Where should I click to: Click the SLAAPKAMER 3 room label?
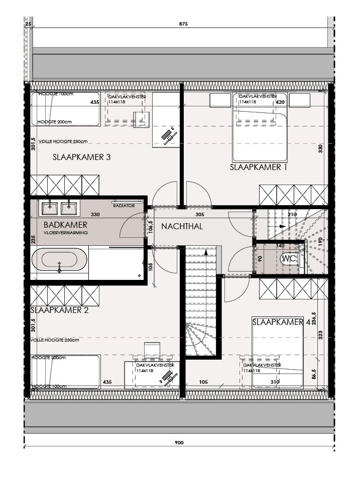click(81, 157)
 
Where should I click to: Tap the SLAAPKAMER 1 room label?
click(258, 168)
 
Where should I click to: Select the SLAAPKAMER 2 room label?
click(59, 310)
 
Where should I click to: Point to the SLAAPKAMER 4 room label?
click(281, 323)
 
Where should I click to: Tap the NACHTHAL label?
click(182, 227)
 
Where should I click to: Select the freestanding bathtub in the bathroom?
click(59, 261)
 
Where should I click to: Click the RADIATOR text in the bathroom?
click(124, 206)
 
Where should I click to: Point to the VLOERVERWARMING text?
click(66, 233)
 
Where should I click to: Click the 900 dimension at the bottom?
click(179, 443)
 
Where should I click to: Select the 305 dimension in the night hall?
click(199, 215)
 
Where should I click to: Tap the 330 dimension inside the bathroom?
click(95, 215)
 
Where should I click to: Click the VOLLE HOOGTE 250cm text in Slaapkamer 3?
click(59, 141)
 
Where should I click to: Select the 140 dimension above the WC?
click(280, 246)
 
